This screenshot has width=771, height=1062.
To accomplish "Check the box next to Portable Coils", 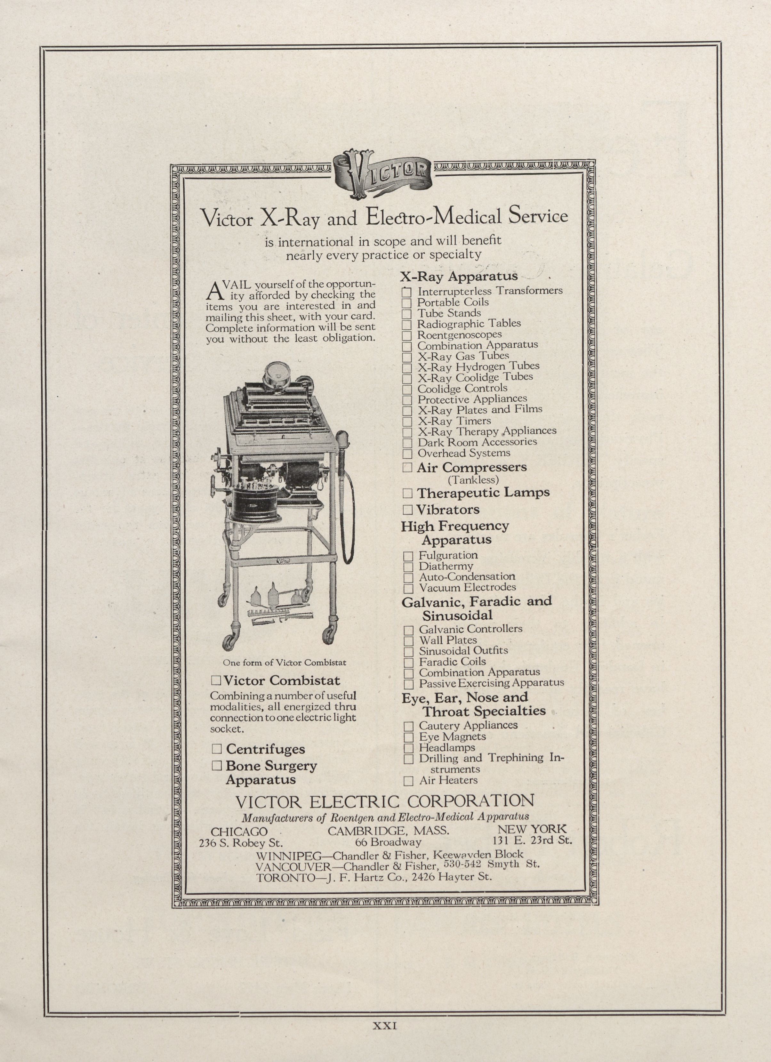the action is (407, 303).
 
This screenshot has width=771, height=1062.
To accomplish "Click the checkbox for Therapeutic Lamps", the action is (407, 493).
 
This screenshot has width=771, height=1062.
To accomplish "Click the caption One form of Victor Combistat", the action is (285, 663).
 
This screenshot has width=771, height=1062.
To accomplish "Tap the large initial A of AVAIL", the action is (213, 291).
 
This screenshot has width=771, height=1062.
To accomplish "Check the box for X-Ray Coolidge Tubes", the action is (407, 378).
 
